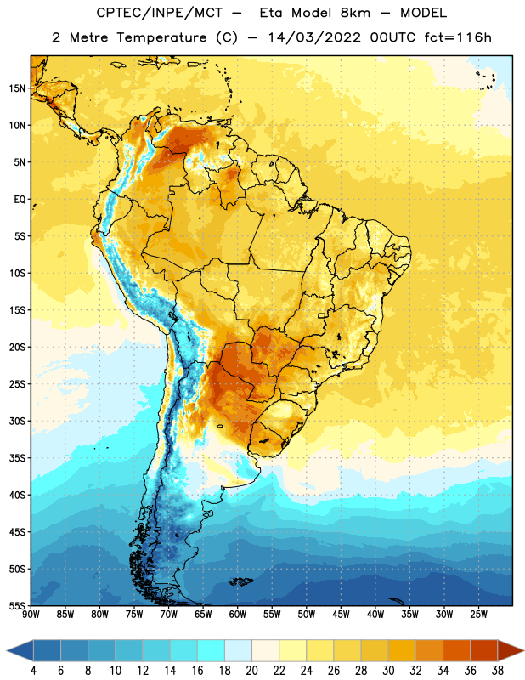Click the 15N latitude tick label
(17, 88)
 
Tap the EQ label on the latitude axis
(20, 200)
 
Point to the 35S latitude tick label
(17, 458)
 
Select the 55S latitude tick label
(17, 606)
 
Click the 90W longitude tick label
(31, 615)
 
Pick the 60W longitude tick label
(238, 615)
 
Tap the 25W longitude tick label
(478, 615)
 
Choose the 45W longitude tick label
(341, 615)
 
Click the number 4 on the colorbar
(33, 671)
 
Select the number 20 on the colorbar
(251, 671)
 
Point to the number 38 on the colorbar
(498, 671)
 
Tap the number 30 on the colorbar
(388, 671)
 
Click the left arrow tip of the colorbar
(7, 650)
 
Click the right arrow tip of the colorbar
(524, 650)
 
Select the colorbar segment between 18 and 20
(238, 650)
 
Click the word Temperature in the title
(161, 37)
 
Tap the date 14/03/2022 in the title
(314, 37)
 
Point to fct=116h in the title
(458, 37)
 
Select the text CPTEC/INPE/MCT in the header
(159, 13)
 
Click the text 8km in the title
(355, 13)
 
